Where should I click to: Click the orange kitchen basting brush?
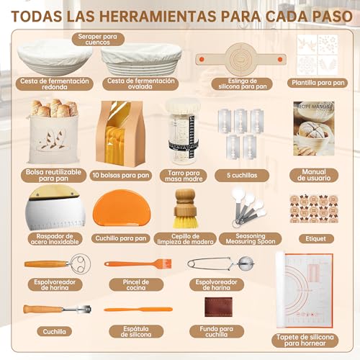pyautogui.click(x=129, y=264)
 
